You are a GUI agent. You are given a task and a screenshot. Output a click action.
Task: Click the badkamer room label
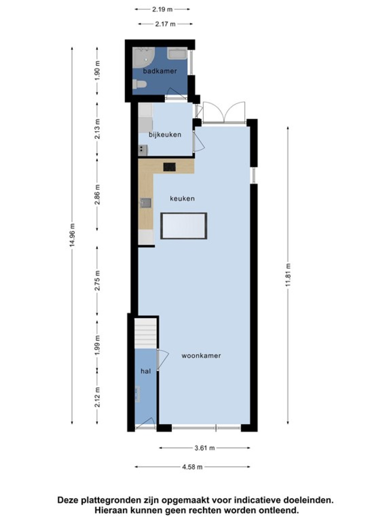160,71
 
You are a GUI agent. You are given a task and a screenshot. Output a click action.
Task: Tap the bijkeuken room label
165,135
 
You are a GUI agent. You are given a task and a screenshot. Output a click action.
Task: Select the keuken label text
182,198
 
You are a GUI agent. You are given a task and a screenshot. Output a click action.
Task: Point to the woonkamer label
201,356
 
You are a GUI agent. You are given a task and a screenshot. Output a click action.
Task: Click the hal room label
146,371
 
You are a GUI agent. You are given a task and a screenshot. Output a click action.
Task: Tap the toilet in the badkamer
139,84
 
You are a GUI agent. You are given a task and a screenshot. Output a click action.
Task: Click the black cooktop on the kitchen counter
169,167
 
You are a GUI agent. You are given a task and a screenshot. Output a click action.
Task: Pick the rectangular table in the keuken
184,226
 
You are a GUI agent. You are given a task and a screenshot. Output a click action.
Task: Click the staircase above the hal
146,334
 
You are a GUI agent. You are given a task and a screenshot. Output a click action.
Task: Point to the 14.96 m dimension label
73,235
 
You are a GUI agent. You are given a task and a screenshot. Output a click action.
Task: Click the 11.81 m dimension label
288,275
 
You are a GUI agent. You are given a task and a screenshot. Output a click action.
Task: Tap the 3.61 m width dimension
204,448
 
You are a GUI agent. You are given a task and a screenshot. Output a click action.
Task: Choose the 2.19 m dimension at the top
162,9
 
